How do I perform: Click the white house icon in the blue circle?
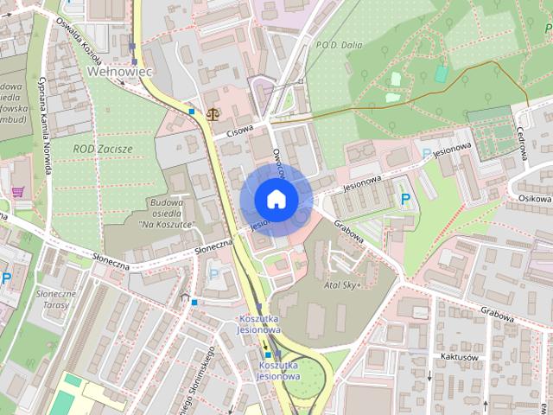coord(276,199)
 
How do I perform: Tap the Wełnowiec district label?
coord(120,73)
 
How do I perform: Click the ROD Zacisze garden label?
coord(103,149)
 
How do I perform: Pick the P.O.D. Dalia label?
coord(340,45)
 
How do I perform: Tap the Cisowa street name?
coord(239,131)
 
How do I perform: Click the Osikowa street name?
coord(535,197)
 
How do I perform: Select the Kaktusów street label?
coord(459,357)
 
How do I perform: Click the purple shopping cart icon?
coord(17,192)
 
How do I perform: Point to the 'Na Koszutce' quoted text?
coord(167,224)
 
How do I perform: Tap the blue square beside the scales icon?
coord(192,112)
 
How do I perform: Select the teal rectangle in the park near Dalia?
coord(442,74)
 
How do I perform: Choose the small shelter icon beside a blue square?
coord(184,298)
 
